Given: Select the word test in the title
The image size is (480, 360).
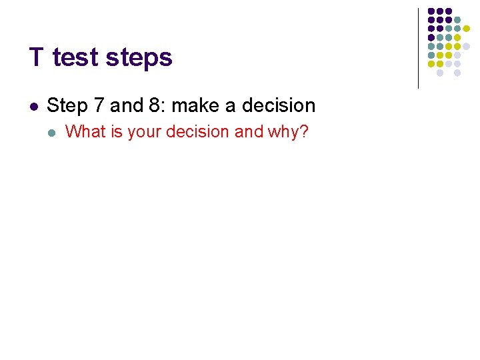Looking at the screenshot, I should [x=74, y=57].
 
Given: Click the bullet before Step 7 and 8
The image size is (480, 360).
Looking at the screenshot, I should [x=33, y=106].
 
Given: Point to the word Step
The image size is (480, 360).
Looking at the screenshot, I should [x=67, y=106].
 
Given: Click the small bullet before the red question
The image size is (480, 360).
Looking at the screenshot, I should [x=53, y=132].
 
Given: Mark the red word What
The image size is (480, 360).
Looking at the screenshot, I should [x=86, y=132].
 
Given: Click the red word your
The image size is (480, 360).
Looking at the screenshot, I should [x=145, y=133].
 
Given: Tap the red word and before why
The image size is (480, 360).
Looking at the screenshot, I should [x=249, y=132].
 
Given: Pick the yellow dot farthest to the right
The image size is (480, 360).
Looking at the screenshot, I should [x=466, y=29].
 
